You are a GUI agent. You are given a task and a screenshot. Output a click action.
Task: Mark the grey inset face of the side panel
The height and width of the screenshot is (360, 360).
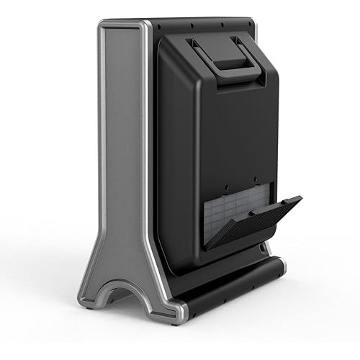click(x=119, y=144)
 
